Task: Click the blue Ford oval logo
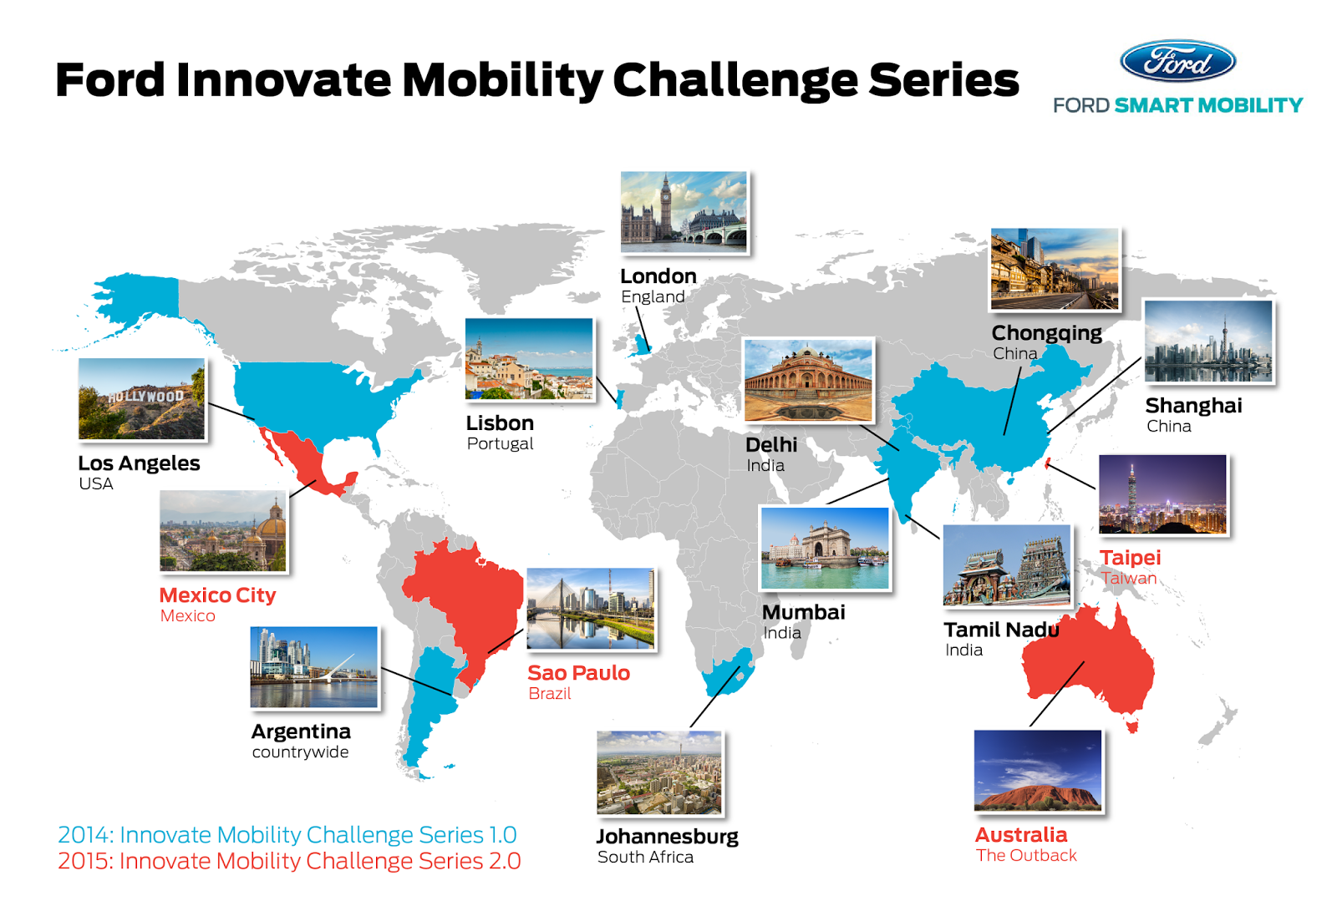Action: coord(1177,61)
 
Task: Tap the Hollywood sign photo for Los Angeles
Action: coord(142,398)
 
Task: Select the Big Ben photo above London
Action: coord(684,212)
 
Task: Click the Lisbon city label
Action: coord(501,423)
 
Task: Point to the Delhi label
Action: coord(771,444)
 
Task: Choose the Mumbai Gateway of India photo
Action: coord(825,549)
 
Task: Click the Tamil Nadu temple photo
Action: coord(1008,565)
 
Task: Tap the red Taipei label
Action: coord(1131,558)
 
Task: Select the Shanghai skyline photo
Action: coord(1208,342)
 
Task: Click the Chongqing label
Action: coord(1047,333)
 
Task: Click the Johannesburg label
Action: coord(668,837)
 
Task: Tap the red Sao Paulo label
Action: coord(579,673)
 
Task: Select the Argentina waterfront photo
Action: coord(314,667)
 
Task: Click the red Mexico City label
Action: coord(218,595)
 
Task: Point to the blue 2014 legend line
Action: coord(287,835)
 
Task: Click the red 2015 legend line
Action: coord(289,861)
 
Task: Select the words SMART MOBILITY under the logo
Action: coord(1208,105)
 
